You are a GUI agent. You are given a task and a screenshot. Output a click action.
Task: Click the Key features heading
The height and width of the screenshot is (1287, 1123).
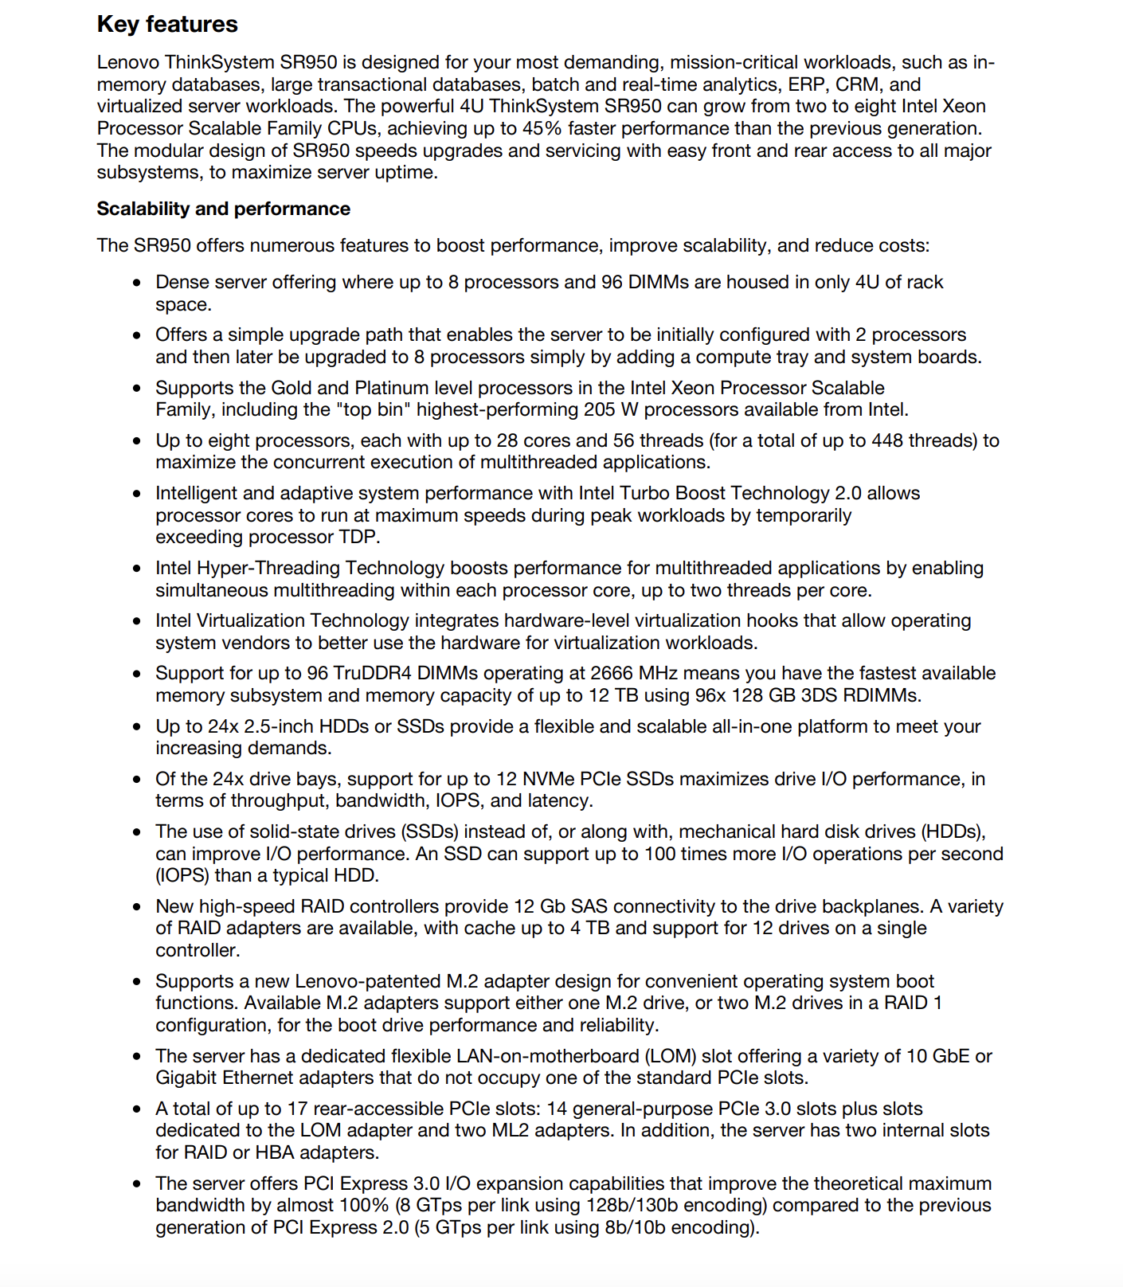click(x=167, y=25)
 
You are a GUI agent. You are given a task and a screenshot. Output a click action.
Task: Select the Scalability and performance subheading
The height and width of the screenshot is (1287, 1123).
click(x=223, y=209)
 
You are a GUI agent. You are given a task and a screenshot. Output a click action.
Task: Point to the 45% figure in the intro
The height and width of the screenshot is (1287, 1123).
click(x=542, y=128)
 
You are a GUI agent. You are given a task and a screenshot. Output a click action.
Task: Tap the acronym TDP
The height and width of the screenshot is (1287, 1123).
click(x=358, y=537)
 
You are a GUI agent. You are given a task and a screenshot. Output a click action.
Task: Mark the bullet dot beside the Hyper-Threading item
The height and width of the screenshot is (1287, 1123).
click(x=138, y=569)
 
